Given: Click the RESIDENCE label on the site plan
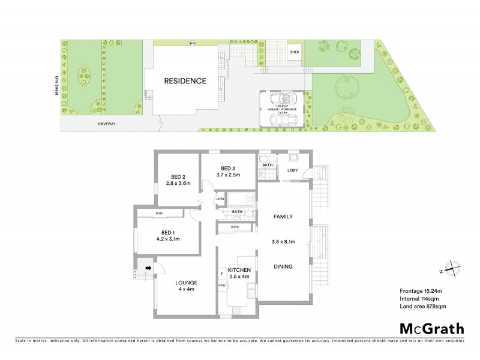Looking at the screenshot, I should click(x=186, y=81).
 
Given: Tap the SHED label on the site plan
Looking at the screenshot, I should click(x=295, y=52).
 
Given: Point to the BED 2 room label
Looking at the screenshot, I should click(x=177, y=176).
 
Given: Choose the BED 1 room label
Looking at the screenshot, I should click(x=168, y=232).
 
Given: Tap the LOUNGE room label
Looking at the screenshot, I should click(x=186, y=283).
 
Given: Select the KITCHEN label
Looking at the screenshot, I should click(x=239, y=271).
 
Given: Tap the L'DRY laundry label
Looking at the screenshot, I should click(x=293, y=170).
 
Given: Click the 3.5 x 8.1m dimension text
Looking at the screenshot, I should click(x=283, y=242).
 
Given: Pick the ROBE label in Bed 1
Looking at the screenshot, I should click(x=159, y=214).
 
